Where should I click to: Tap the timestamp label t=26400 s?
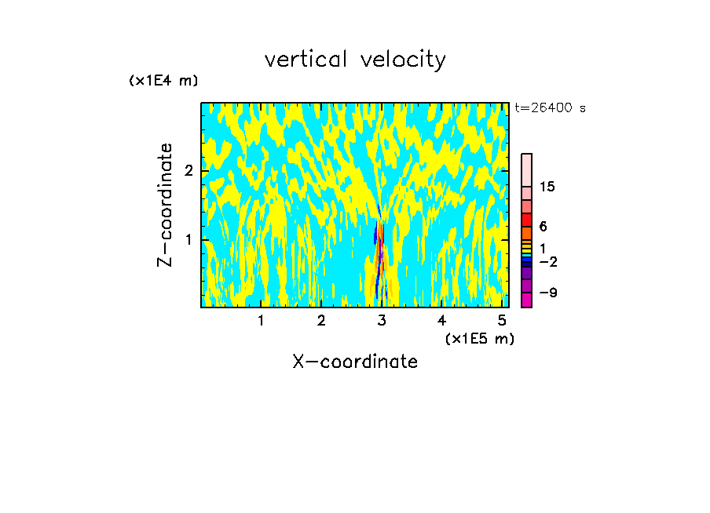point(550,108)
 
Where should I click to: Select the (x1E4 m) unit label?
point(163,81)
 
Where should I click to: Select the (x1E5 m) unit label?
point(479,338)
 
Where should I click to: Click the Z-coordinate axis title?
point(165,205)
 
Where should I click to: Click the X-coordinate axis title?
point(355,362)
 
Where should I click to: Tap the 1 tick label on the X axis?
point(261,320)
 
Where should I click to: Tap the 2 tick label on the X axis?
point(321,320)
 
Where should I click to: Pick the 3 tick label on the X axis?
point(382,320)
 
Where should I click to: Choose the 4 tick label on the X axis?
point(441,320)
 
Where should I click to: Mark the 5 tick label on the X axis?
point(502,320)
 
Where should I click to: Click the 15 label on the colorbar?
point(547,187)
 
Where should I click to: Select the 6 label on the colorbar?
point(543,226)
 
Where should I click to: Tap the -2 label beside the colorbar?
point(547,262)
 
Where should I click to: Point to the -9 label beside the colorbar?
point(547,293)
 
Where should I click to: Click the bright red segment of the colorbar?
point(526,219)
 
